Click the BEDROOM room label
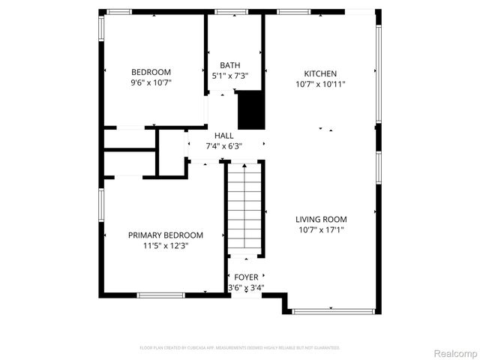coord(151,72)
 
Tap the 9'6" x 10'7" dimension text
coord(151,83)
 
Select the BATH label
coord(230,65)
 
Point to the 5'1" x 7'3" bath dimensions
coord(230,76)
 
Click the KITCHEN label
coord(320,73)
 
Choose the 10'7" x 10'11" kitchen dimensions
coord(320,84)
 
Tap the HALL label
coord(223,136)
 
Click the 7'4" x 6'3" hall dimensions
coord(223,146)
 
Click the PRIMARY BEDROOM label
coord(165,235)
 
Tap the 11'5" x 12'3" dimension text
coord(165,245)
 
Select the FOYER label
coord(246,277)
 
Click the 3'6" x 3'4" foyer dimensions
coord(246,287)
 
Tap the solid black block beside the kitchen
coord(251,110)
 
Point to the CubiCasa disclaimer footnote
coord(240,348)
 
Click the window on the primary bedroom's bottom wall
coord(160,295)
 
